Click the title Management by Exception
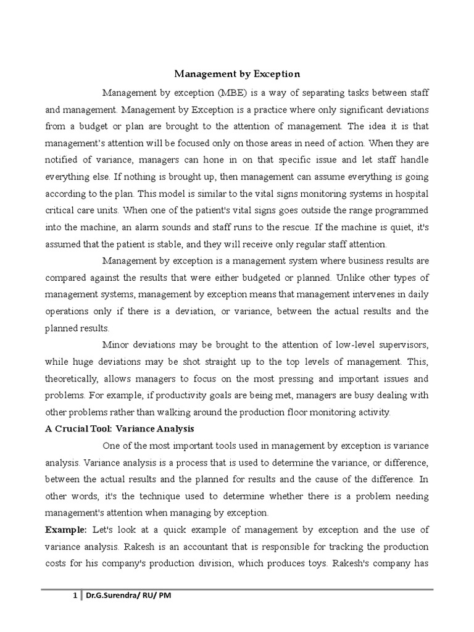(237, 74)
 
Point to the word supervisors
(399, 344)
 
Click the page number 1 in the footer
(74, 596)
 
